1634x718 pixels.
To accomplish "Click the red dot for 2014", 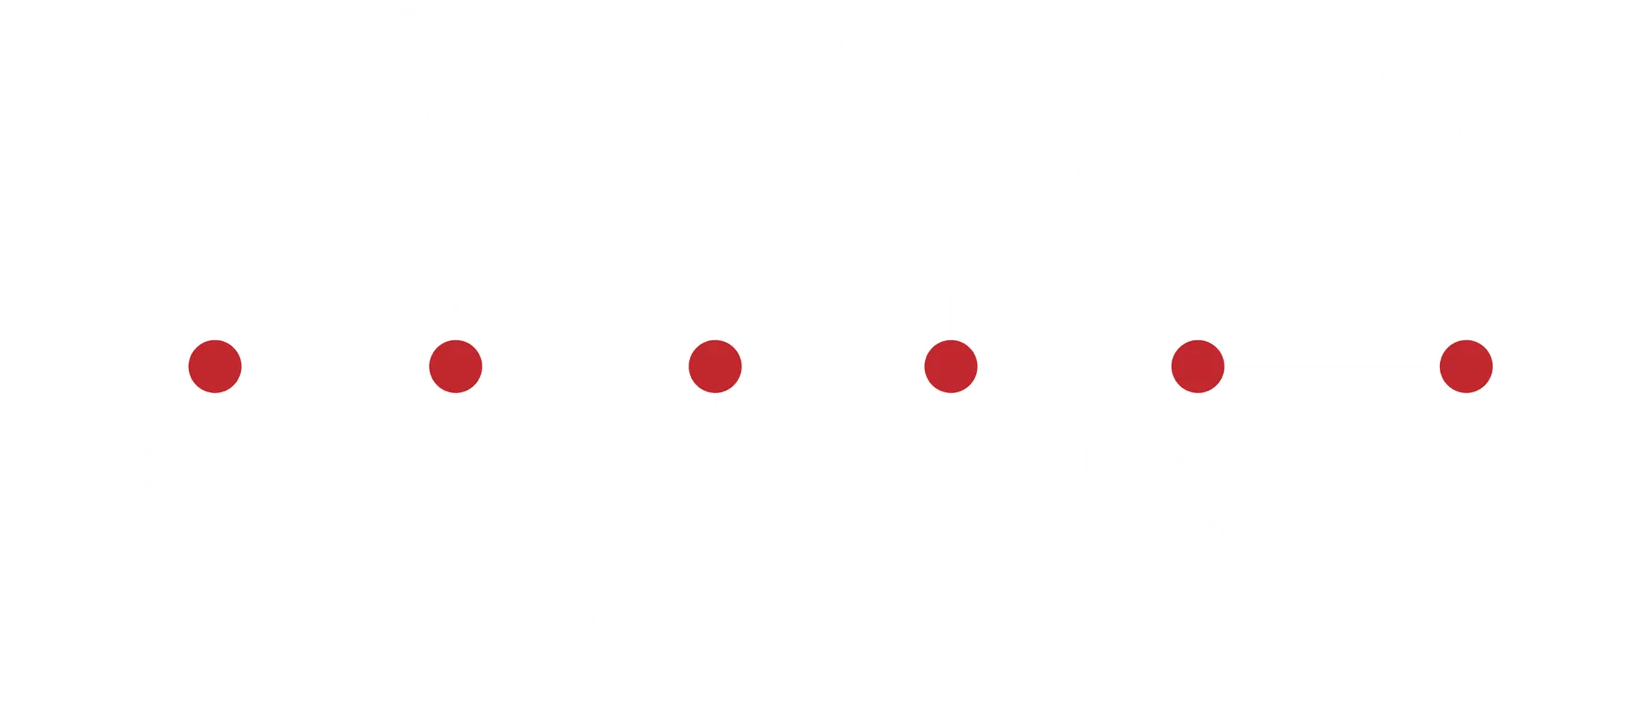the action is pyautogui.click(x=215, y=368).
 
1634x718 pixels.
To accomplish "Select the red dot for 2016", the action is pyautogui.click(x=456, y=368).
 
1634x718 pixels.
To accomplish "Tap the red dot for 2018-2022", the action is pyautogui.click(x=715, y=368).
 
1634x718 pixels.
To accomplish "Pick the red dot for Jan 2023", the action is pyautogui.click(x=951, y=368).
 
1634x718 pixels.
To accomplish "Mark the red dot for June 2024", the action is pyautogui.click(x=1197, y=368).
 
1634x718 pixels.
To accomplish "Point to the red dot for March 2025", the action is pyautogui.click(x=1465, y=368).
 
